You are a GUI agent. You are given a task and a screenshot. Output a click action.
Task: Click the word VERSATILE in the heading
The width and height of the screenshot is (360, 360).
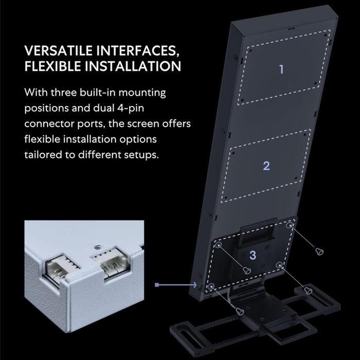click(x=58, y=51)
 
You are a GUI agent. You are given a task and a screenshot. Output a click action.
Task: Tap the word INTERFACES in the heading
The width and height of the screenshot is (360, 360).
click(x=138, y=51)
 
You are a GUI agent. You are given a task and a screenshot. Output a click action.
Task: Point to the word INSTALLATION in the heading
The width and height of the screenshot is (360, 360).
click(x=133, y=66)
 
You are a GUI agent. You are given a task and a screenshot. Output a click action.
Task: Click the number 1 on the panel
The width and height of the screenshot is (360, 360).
click(x=281, y=69)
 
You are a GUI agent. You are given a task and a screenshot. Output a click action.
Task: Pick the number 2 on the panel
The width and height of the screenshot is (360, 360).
click(x=266, y=166)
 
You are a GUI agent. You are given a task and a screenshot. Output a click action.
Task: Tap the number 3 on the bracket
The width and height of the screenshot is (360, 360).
click(x=253, y=255)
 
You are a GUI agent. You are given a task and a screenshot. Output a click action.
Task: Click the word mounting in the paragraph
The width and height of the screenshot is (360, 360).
click(x=142, y=93)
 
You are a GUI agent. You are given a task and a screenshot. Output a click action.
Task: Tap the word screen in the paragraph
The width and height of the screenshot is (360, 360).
click(x=143, y=124)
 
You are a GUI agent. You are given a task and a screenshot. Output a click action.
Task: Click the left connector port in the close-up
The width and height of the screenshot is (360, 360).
click(x=62, y=268)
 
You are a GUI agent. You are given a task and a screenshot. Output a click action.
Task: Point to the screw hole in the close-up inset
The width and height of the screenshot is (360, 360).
click(x=97, y=247)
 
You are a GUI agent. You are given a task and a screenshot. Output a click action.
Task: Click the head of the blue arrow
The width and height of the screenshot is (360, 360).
click(x=195, y=285)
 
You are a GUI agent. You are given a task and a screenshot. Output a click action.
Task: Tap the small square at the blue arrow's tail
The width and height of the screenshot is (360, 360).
click(x=157, y=285)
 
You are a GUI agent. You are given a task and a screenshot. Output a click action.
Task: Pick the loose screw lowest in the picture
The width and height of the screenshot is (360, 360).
click(x=240, y=311)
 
